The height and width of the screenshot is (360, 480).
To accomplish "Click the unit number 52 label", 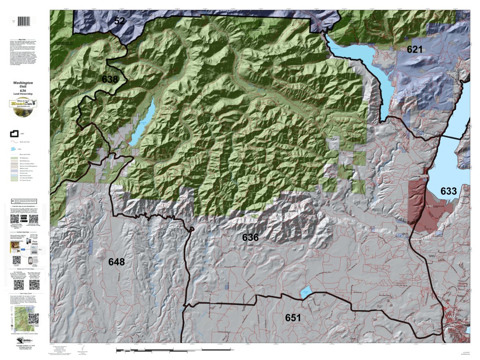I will (x=119, y=21).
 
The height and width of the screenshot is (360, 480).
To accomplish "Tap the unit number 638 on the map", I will (x=110, y=79).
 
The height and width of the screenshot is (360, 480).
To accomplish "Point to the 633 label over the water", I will (x=449, y=191).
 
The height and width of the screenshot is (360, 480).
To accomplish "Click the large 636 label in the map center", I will (x=250, y=237).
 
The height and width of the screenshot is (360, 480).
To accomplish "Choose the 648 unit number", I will (x=117, y=262).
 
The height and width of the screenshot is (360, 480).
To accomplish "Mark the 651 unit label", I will (x=293, y=318).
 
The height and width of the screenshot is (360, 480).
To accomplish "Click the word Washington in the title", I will (x=23, y=83).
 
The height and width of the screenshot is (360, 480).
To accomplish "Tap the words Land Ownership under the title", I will (x=23, y=94).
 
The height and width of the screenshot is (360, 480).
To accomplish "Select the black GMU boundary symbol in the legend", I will (x=15, y=134).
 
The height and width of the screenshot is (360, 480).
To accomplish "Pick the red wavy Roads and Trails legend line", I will (x=15, y=142).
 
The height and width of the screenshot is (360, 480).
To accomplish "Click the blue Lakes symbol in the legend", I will (x=15, y=149).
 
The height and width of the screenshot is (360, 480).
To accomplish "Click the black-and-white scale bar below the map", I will (x=173, y=349).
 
